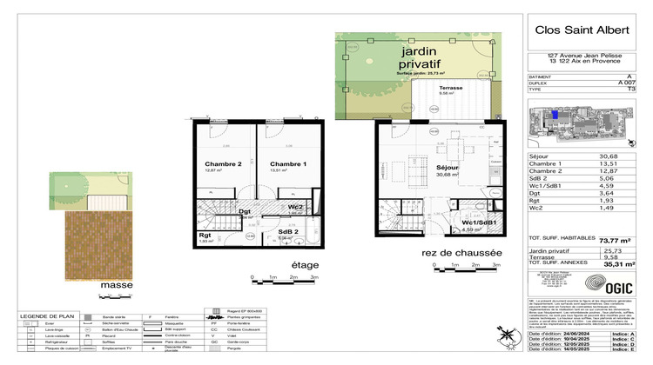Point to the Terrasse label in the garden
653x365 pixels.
coord(450,89)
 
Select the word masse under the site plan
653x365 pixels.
coord(116,283)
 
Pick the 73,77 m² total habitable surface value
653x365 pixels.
coord(615,240)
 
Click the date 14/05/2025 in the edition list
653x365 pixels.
coord(582,352)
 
